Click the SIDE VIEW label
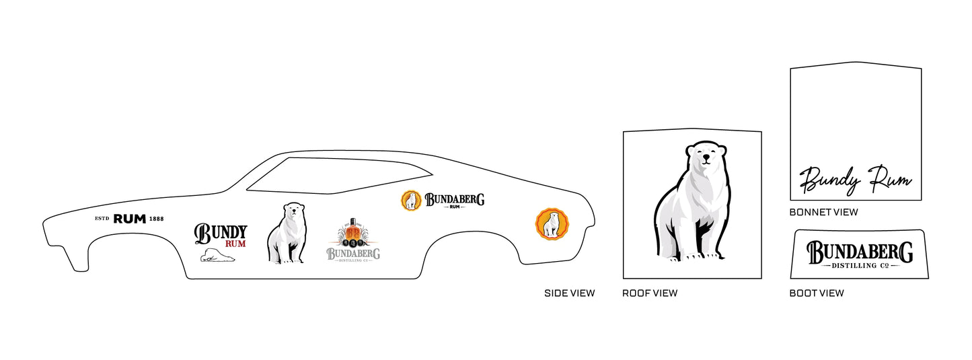(569, 293)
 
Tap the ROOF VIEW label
(650, 293)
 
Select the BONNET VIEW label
(823, 212)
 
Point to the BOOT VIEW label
(817, 293)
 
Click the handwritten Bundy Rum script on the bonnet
(856, 180)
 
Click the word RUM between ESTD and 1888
(129, 219)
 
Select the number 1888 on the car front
(156, 219)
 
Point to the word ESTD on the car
(102, 219)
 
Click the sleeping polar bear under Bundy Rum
(217, 255)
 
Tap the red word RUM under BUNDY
(235, 244)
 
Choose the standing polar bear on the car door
(287, 233)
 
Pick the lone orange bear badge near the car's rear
(552, 223)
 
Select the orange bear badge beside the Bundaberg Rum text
(411, 201)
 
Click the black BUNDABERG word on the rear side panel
(454, 199)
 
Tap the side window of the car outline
(339, 176)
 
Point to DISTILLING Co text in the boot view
(860, 266)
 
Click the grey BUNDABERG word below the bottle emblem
(353, 253)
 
